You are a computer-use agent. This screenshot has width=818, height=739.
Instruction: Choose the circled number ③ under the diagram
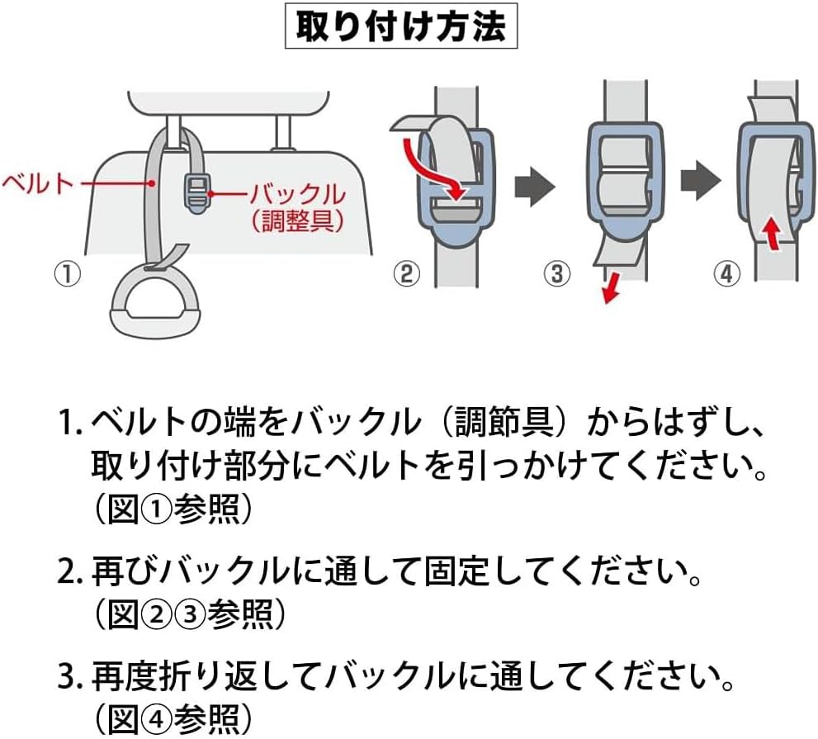559,273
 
